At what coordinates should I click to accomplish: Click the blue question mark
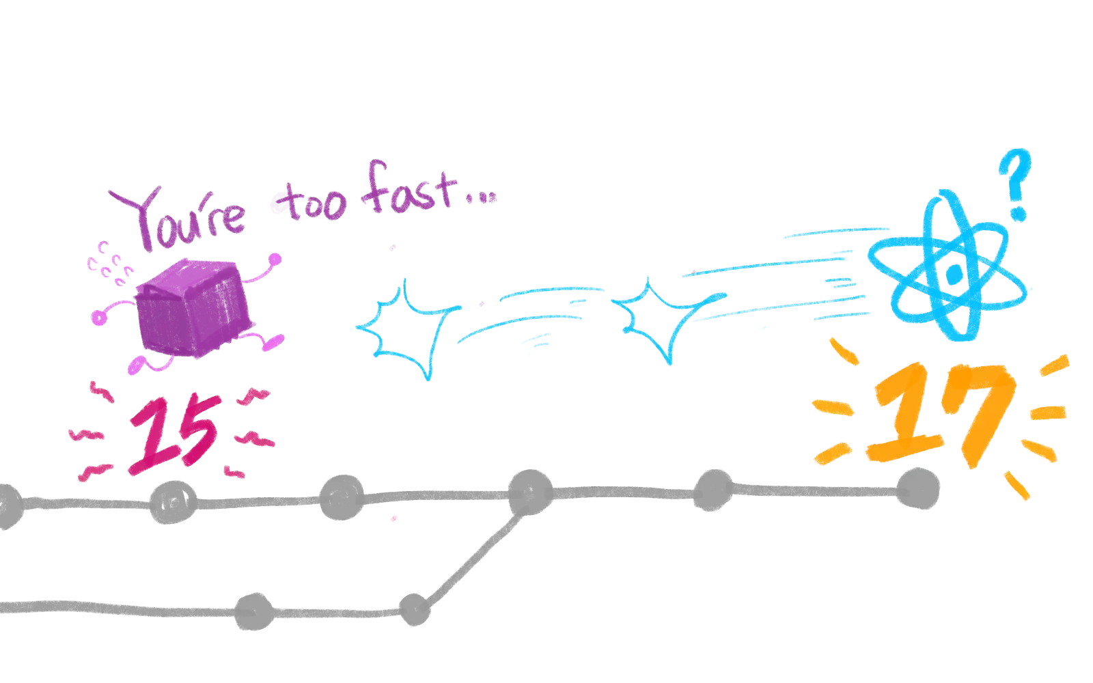coord(1014,184)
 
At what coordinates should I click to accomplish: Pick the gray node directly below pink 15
coord(172,502)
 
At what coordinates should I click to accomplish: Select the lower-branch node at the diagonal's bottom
coord(413,609)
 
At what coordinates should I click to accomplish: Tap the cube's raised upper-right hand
coord(275,259)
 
